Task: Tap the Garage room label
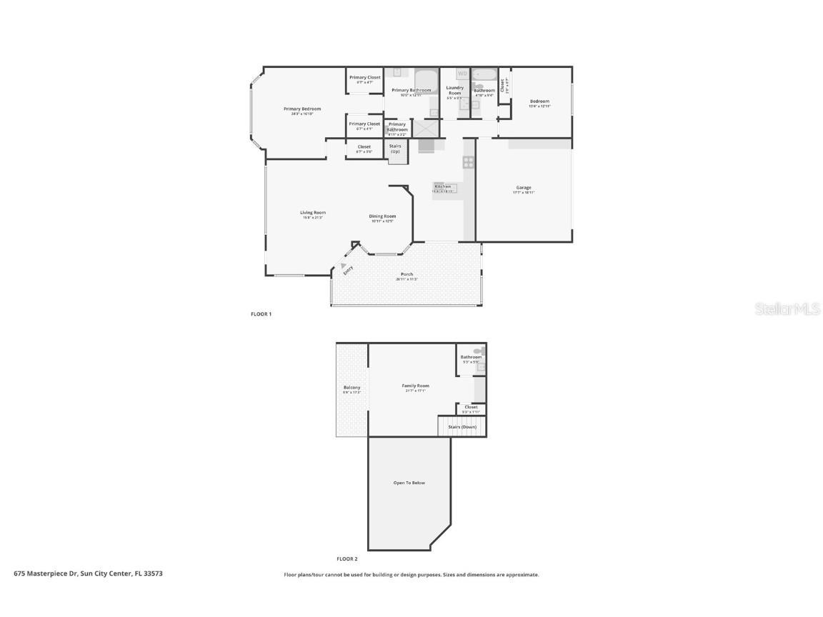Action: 524,189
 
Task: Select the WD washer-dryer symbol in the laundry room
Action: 462,74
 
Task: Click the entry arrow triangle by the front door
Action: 344,265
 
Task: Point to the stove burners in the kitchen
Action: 469,161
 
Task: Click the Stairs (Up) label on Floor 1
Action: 395,149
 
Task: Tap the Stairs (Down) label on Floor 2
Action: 462,426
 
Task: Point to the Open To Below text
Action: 409,483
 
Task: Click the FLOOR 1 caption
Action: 261,314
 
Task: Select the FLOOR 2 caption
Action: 346,559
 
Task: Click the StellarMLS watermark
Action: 789,308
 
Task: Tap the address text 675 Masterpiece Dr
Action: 89,573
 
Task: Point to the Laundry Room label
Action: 455,91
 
